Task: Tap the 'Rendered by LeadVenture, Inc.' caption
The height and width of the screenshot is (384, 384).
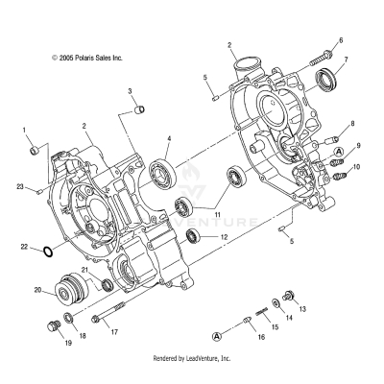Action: tap(192, 358)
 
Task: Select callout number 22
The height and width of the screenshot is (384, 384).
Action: tap(24, 248)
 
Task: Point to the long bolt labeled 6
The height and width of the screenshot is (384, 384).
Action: tap(323, 57)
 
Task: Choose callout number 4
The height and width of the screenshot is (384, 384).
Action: tap(169, 138)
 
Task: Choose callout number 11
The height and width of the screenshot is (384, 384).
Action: tap(218, 214)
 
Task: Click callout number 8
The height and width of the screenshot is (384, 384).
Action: tap(353, 125)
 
